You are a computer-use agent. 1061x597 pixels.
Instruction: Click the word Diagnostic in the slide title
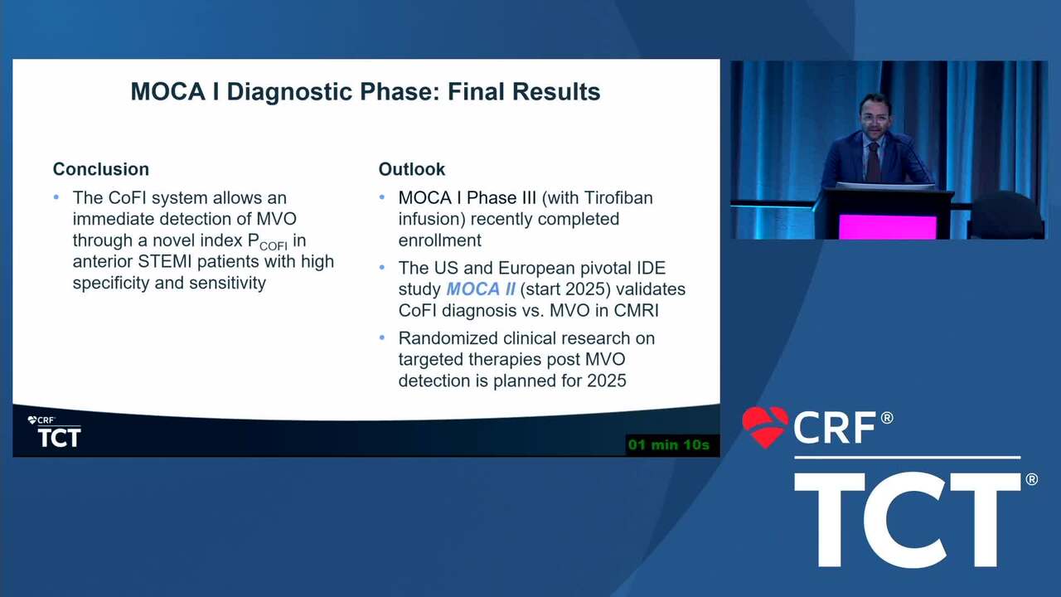(x=290, y=92)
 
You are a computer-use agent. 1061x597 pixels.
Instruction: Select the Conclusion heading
(x=101, y=169)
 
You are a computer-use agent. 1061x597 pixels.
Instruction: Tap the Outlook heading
(x=412, y=169)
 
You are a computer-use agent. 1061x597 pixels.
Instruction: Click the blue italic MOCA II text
(x=481, y=289)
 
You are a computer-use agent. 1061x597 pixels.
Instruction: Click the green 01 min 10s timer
(x=669, y=445)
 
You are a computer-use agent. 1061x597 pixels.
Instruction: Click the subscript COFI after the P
(x=274, y=246)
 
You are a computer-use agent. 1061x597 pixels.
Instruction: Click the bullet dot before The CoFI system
(x=56, y=197)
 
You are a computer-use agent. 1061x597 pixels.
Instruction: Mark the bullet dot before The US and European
(x=382, y=267)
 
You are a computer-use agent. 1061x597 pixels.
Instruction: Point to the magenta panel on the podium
(x=887, y=227)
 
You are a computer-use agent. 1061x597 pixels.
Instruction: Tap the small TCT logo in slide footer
(x=59, y=437)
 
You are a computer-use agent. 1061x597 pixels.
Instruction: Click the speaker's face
(x=874, y=117)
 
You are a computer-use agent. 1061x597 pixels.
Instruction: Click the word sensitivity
(x=227, y=283)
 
